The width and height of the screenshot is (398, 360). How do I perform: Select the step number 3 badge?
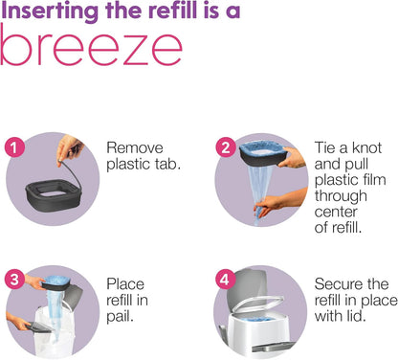pyautogui.click(x=13, y=279)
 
